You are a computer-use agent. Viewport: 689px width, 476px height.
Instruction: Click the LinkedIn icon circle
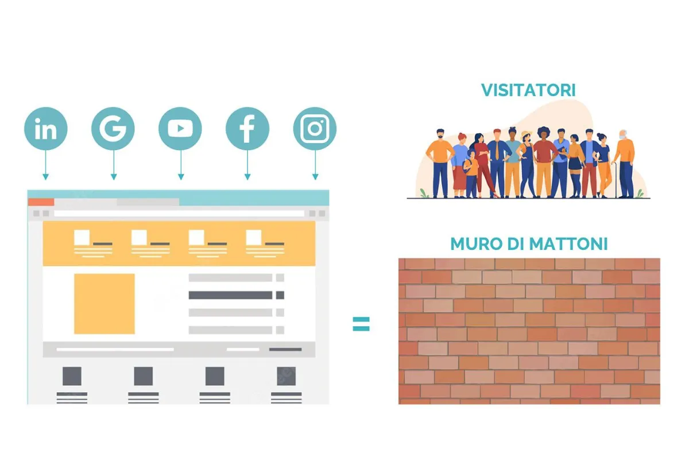[45, 129]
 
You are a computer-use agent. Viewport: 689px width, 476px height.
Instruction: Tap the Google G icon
[113, 129]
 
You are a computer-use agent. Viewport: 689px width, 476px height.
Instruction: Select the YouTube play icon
[180, 129]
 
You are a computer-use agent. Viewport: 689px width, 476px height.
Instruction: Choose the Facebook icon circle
[247, 129]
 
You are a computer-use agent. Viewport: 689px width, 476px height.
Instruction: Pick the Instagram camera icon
[315, 129]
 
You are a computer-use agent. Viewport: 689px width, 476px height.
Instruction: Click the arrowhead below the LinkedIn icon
[46, 176]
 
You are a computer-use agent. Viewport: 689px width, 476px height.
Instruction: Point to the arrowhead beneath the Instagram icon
[315, 176]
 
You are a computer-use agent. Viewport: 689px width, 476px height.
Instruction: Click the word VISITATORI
[528, 90]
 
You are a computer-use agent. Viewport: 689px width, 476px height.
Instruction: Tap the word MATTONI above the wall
[568, 243]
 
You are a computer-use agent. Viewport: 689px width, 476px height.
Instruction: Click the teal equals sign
[361, 324]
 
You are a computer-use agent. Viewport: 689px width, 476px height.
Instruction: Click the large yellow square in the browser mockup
[104, 304]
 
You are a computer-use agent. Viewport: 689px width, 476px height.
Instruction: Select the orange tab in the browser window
[41, 202]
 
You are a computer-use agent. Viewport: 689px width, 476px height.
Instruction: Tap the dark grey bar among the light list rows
[231, 295]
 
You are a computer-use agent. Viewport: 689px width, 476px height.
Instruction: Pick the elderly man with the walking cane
[625, 164]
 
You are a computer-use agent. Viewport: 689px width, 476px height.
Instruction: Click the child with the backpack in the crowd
[472, 172]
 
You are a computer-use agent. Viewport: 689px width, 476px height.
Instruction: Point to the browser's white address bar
[178, 214]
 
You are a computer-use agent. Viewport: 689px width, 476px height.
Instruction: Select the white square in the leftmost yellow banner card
[82, 237]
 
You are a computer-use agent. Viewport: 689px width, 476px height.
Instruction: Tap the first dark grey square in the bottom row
[72, 376]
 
